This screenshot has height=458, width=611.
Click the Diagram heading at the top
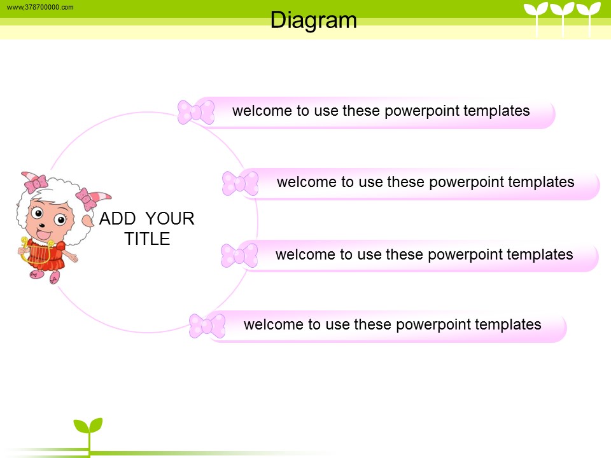tap(313, 20)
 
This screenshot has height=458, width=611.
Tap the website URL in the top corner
tap(40, 7)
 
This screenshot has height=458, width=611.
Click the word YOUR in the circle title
tap(170, 218)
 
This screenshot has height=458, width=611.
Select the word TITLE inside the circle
tap(147, 239)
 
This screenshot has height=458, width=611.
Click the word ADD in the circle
tap(118, 218)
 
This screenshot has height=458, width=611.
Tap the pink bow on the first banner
tap(196, 112)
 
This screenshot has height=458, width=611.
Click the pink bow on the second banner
tap(240, 183)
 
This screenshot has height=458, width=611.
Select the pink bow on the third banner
tap(239, 256)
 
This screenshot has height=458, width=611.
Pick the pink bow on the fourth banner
tap(207, 326)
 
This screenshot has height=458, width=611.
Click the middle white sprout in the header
tap(562, 18)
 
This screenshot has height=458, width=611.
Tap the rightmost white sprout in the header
tap(589, 18)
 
